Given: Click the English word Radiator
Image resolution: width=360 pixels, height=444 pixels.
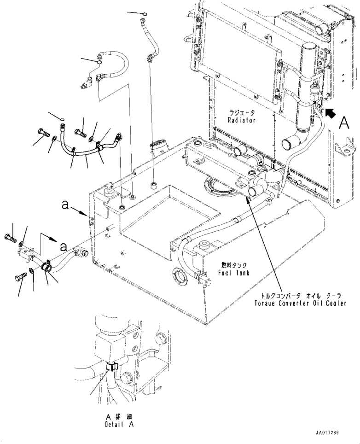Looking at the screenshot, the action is click(x=241, y=120).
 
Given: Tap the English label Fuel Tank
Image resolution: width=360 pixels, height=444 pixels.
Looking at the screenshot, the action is click(x=234, y=273).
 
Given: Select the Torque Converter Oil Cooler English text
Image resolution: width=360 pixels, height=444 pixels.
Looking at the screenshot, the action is click(x=300, y=303).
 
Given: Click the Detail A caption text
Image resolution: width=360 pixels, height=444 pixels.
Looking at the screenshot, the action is click(x=119, y=425).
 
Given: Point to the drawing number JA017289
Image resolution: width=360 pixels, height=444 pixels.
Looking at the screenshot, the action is click(x=327, y=433).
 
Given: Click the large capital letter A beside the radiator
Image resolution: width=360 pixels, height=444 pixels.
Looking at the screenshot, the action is click(x=344, y=123).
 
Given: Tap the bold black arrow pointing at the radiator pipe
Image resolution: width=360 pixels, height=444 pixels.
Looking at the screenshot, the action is click(x=330, y=113).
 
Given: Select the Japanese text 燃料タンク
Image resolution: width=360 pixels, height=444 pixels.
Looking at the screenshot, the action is click(x=234, y=265).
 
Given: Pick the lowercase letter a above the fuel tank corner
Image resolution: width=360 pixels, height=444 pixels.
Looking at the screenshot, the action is click(x=65, y=204).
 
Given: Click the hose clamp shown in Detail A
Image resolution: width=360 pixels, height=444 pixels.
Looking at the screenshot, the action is click(x=112, y=367).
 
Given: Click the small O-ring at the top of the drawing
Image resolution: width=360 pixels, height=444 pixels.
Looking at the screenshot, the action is click(x=145, y=12).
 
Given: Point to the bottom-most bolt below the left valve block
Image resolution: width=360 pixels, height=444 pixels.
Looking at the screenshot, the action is click(x=20, y=275).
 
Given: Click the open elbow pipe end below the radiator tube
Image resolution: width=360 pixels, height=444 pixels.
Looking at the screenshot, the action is click(x=288, y=144).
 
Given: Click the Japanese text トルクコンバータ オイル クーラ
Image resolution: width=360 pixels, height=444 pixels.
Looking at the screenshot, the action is click(x=301, y=296).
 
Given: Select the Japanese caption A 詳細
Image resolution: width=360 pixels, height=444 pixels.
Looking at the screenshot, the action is click(x=119, y=417).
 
